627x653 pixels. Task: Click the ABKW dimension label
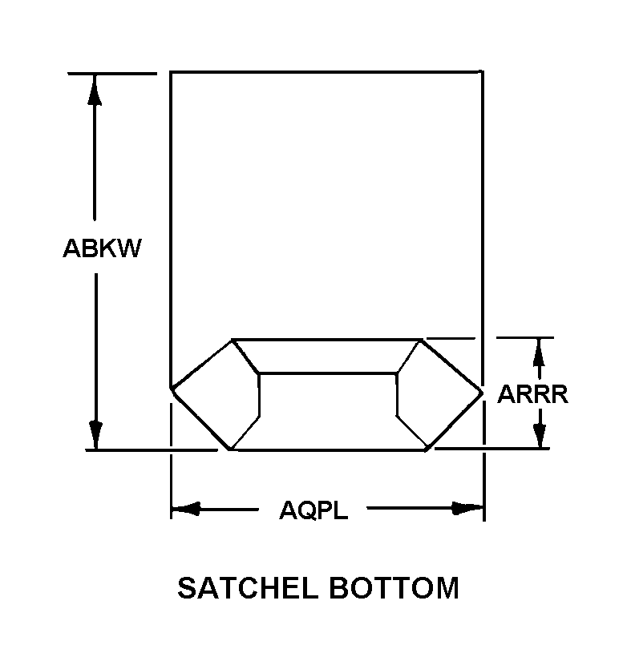102,248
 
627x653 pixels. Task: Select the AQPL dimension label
313,510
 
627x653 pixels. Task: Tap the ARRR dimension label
532,394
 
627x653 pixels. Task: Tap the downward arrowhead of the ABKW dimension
95,435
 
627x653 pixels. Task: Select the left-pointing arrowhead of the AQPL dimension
186,509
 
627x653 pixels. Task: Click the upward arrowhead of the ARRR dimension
540,351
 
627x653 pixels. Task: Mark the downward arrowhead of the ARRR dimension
540,436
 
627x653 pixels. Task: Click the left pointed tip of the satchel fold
172,389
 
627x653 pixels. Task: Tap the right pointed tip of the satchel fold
482,392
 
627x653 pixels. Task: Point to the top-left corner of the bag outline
171,72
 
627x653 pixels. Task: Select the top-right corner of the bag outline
482,72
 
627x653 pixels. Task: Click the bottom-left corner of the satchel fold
231,449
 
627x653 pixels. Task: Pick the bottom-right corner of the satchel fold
427,449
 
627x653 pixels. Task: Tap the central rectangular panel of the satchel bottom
328,409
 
